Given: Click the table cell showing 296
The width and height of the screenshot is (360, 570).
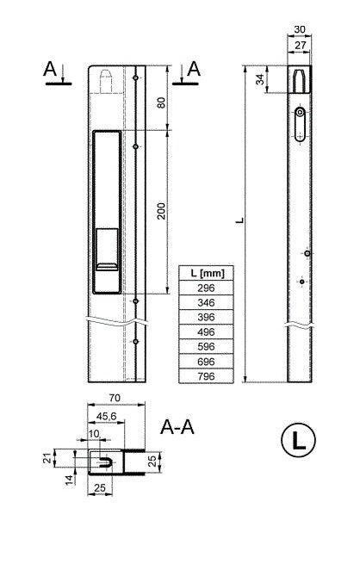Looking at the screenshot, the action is pos(206,288).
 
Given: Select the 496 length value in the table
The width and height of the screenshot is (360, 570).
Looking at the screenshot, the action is pos(206,331).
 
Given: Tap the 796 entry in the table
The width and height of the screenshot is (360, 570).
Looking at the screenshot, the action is pos(206,376).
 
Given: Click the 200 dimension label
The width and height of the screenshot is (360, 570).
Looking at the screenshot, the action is pos(161,211).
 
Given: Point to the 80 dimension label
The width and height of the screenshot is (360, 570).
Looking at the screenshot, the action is pos(161,102).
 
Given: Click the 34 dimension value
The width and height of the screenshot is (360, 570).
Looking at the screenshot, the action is pos(260,79).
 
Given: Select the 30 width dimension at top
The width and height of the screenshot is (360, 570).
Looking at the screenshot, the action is pos(299,29).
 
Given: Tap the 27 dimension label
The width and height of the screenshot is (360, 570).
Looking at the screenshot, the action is pos(300,46).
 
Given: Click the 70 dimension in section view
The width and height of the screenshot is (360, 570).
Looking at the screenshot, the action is pos(115,398).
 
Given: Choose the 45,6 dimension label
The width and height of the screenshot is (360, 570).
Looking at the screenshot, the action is pos(106,417).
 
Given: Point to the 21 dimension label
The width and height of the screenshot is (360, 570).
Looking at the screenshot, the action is pos(47,458).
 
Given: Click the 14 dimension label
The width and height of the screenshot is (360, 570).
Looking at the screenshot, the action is pos(70,480).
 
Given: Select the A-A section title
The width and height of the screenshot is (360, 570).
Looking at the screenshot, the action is pos(177,427).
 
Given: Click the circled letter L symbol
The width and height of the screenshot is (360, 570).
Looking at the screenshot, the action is pos(298,440).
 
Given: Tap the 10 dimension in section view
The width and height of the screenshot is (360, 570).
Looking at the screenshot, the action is pos(94,434).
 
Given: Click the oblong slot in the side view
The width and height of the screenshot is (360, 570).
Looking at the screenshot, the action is pos(300,124).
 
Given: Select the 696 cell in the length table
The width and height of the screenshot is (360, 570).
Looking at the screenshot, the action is pos(206,362).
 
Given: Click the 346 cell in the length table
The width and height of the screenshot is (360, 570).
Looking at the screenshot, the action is pos(206,302).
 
